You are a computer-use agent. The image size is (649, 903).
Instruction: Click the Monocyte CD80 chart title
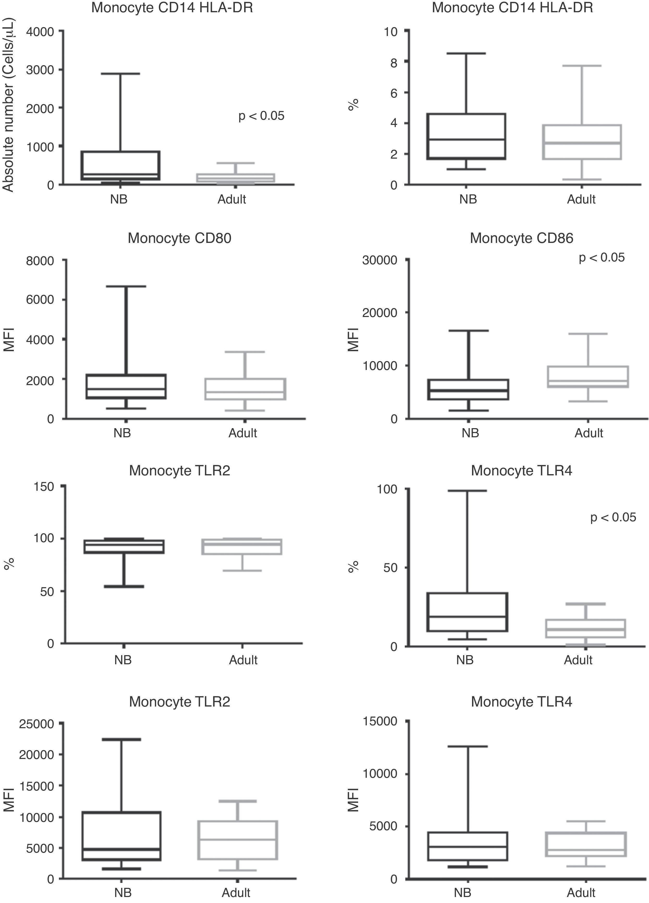coord(179,238)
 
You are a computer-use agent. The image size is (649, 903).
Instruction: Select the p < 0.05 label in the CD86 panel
coord(601,258)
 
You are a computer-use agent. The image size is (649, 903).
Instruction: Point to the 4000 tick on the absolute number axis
coord(40,32)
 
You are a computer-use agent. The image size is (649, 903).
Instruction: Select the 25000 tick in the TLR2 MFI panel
coord(36,723)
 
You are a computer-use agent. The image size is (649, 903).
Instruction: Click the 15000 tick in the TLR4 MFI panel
coord(380,721)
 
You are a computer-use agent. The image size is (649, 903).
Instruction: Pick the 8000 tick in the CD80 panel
coord(40,261)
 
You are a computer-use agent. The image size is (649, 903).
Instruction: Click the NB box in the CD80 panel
coord(126,386)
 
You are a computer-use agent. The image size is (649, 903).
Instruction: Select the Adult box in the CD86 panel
coord(587,377)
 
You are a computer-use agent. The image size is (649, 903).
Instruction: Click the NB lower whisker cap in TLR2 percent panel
coord(124,587)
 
